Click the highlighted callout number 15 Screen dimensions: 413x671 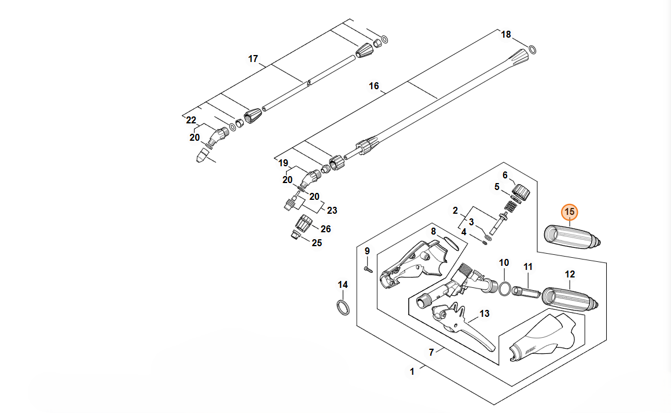570,212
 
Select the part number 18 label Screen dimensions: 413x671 506,35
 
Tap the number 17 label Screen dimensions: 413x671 253,59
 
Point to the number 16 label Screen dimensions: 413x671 374,86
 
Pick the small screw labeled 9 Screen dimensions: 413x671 366,268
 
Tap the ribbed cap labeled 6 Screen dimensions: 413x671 522,191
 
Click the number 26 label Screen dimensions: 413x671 326,229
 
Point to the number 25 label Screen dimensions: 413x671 317,243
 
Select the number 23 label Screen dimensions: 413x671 332,210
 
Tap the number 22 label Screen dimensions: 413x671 191,120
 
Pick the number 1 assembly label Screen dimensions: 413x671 412,371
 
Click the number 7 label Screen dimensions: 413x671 431,352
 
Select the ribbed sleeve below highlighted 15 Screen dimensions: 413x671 573,236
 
